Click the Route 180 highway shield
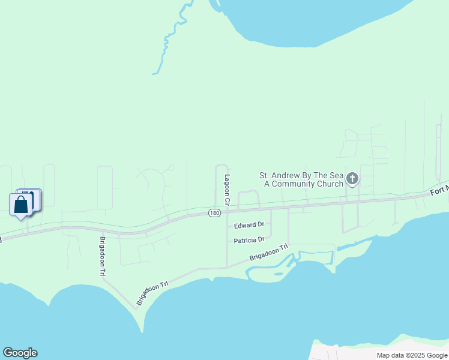[214, 213]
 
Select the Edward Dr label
[249, 225]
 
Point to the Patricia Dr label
[249, 239]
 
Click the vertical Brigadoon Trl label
[103, 256]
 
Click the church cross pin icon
[352, 179]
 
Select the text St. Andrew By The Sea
[300, 176]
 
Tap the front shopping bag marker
[21, 205]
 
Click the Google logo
[20, 353]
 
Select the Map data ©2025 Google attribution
[412, 355]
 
